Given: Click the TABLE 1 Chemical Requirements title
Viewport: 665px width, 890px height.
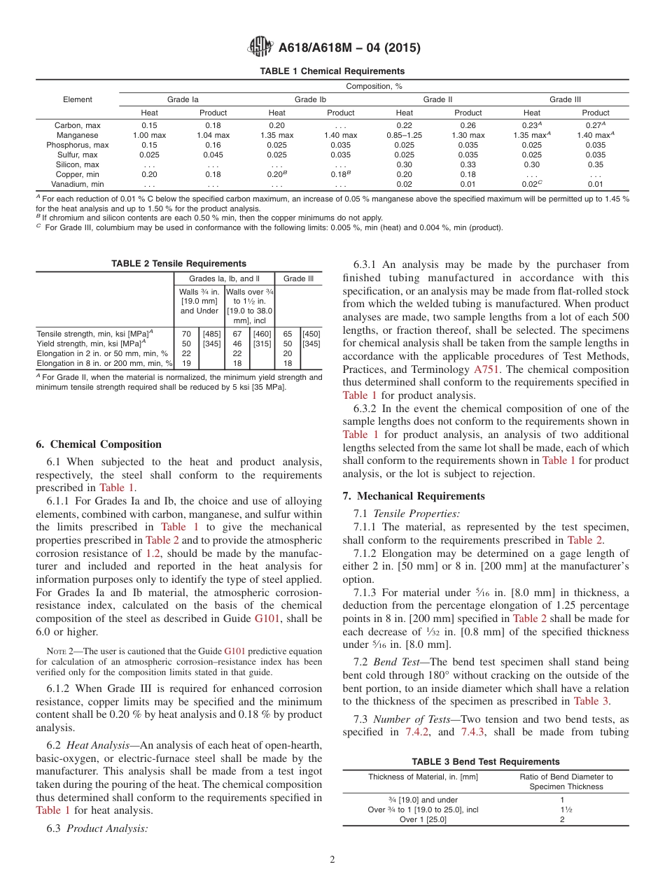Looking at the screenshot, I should (332, 71).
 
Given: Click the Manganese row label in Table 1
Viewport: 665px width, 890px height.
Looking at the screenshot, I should (77, 135).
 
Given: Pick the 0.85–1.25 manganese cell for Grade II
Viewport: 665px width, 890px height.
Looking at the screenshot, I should (404, 135).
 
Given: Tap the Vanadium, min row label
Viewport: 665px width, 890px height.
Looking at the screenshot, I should (77, 184).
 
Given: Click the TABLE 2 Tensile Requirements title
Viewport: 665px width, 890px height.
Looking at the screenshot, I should (178, 264).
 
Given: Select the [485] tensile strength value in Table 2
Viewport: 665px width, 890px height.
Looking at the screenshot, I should (211, 334).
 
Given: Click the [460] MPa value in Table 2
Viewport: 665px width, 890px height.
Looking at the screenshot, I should (262, 334).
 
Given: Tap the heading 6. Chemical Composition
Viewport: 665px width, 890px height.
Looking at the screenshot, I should (99, 444).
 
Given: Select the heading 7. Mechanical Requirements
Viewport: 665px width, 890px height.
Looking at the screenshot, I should (413, 496).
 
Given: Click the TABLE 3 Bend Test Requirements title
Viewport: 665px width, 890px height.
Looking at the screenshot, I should (486, 761).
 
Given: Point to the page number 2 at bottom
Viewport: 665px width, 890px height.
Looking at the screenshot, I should (332, 860).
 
